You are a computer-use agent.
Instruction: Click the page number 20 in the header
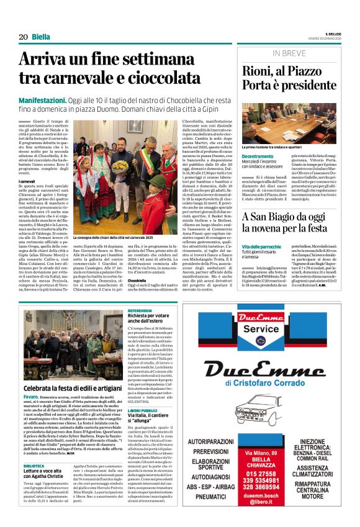(x=22, y=37)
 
